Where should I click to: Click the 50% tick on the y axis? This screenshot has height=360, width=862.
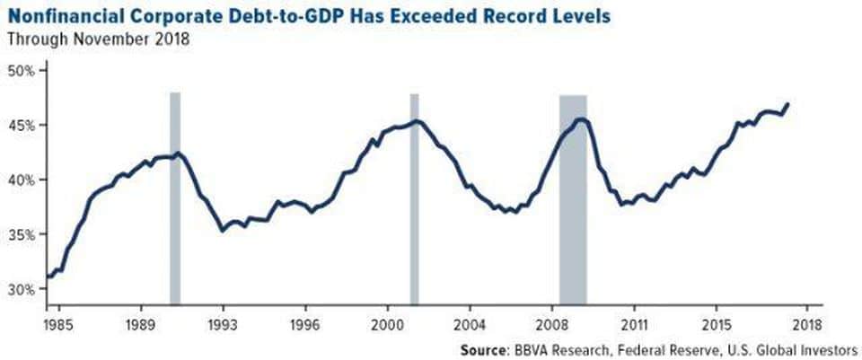pyautogui.click(x=44, y=71)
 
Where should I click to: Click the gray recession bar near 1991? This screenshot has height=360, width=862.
pyautogui.click(x=175, y=198)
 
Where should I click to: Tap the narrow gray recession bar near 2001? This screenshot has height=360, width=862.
pyautogui.click(x=415, y=198)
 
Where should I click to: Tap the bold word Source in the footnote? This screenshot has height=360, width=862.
pyautogui.click(x=481, y=350)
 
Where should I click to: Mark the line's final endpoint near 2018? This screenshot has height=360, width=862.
pyautogui.click(x=788, y=104)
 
